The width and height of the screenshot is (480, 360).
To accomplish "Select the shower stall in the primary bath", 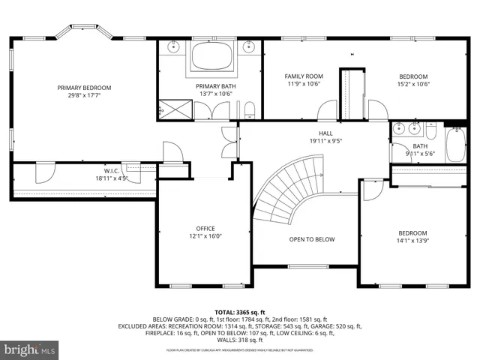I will point(175,109).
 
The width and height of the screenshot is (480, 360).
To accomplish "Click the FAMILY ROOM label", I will point(302,76).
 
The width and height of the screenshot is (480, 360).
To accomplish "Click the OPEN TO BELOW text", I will point(312,240).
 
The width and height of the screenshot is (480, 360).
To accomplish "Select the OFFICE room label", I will point(205,229).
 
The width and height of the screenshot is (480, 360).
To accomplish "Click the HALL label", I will point(325,132).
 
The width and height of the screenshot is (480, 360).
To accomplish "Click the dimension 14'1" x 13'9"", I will point(412,241).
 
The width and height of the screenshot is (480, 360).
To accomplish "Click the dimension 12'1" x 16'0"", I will point(205,237).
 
